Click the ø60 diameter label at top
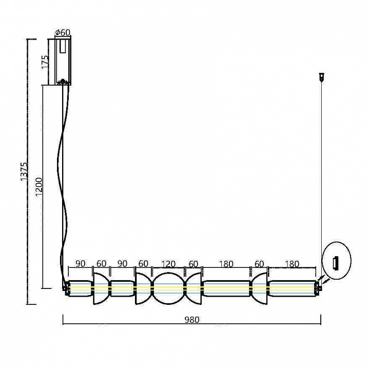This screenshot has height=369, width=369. [63, 33]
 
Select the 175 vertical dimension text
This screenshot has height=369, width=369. [46, 62]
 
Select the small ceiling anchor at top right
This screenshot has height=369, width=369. [322, 76]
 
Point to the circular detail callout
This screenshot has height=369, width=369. [336, 262]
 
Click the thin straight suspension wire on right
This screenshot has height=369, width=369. [322, 180]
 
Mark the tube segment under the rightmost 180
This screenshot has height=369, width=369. [292, 288]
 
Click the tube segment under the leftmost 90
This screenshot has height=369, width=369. [81, 288]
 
